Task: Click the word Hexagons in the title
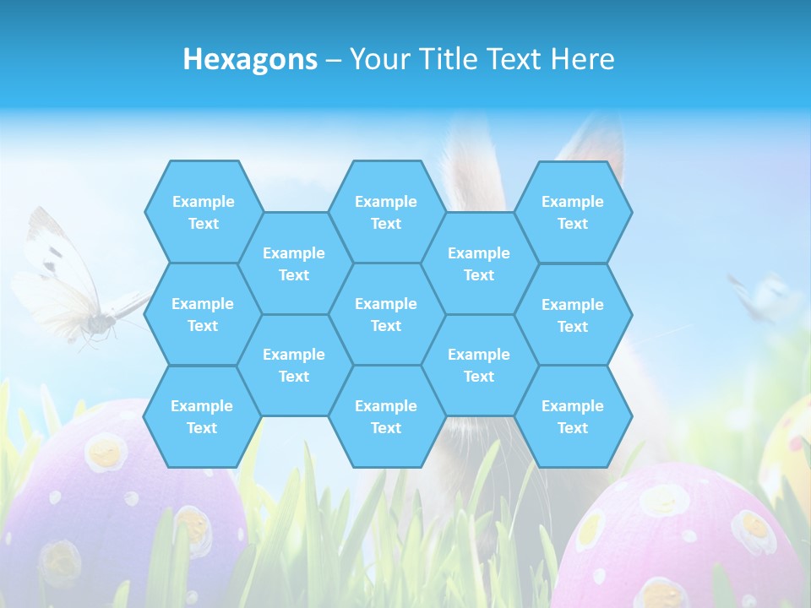[250, 60]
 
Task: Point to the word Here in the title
[582, 60]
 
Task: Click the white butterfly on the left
[72, 287]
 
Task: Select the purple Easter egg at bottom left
[127, 507]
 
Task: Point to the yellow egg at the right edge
[790, 448]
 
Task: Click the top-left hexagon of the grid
[203, 212]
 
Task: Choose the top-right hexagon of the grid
[573, 212]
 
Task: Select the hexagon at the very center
[386, 314]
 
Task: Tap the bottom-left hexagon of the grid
[202, 416]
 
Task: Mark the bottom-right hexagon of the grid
[573, 416]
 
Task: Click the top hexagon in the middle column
[386, 212]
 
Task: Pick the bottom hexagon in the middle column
[386, 416]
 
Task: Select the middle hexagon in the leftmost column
[203, 314]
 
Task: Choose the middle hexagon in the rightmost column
[573, 315]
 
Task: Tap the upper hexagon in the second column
[294, 263]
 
